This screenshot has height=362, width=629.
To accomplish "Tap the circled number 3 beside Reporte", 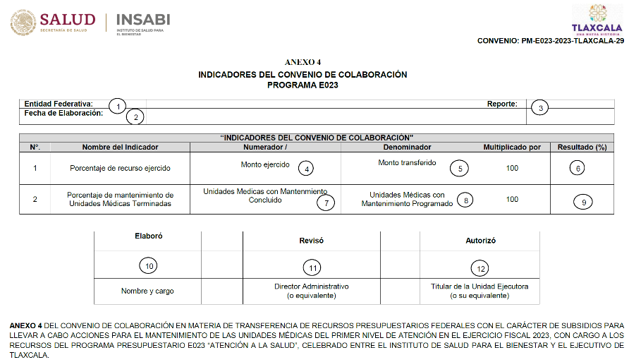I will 540,108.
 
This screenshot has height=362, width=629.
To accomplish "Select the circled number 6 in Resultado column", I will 578,169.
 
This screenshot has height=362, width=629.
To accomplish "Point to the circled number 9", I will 583,202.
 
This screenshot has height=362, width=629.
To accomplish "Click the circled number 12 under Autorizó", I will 480,267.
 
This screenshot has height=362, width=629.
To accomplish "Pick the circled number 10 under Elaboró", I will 148,265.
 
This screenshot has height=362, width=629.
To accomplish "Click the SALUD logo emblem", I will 23,23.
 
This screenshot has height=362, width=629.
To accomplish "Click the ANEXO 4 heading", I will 303,63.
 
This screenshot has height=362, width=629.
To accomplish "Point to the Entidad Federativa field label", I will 59,104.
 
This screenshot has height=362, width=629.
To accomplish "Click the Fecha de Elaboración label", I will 63,113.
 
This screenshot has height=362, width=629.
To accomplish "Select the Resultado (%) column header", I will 582,147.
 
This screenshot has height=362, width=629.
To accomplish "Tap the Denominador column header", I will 407,147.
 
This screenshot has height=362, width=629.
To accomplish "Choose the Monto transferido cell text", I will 407,163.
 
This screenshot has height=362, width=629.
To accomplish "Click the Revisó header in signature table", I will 311,241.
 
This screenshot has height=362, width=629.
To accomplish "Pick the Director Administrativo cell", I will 311,291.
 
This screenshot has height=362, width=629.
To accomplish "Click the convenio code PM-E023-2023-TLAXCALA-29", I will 551,42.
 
